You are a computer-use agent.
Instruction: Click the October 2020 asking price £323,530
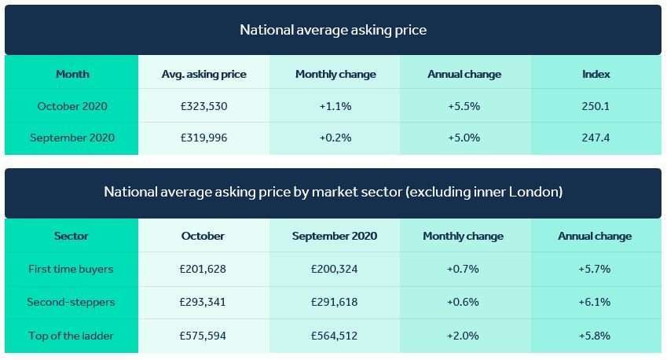pyautogui.click(x=203, y=106)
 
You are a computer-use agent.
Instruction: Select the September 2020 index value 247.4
pyautogui.click(x=596, y=138)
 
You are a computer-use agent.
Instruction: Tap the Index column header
pyautogui.click(x=596, y=74)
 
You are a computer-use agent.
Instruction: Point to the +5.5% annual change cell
pyautogui.click(x=464, y=106)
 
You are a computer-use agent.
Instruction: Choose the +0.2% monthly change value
pyautogui.click(x=335, y=138)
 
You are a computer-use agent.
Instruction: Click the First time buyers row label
pyautogui.click(x=71, y=269)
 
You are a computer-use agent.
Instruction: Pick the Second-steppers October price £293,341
pyautogui.click(x=203, y=302)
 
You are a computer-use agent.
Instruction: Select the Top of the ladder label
pyautogui.click(x=71, y=336)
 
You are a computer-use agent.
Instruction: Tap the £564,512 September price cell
pyautogui.click(x=334, y=336)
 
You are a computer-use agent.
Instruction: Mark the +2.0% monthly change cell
pyautogui.click(x=463, y=336)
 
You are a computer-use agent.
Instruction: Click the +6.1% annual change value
pyautogui.click(x=594, y=302)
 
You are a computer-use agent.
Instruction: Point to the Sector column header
pyautogui.click(x=71, y=236)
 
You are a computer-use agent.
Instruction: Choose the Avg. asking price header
pyautogui.click(x=203, y=74)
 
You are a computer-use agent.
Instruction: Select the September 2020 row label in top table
pyautogui.click(x=72, y=138)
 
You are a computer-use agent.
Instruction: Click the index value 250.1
pyautogui.click(x=596, y=106)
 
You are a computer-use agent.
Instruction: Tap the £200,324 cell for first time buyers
pyautogui.click(x=334, y=269)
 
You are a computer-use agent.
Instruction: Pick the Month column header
pyautogui.click(x=72, y=74)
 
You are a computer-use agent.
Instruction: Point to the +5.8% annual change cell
pyautogui.click(x=594, y=336)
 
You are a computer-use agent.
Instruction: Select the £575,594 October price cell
pyautogui.click(x=203, y=336)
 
